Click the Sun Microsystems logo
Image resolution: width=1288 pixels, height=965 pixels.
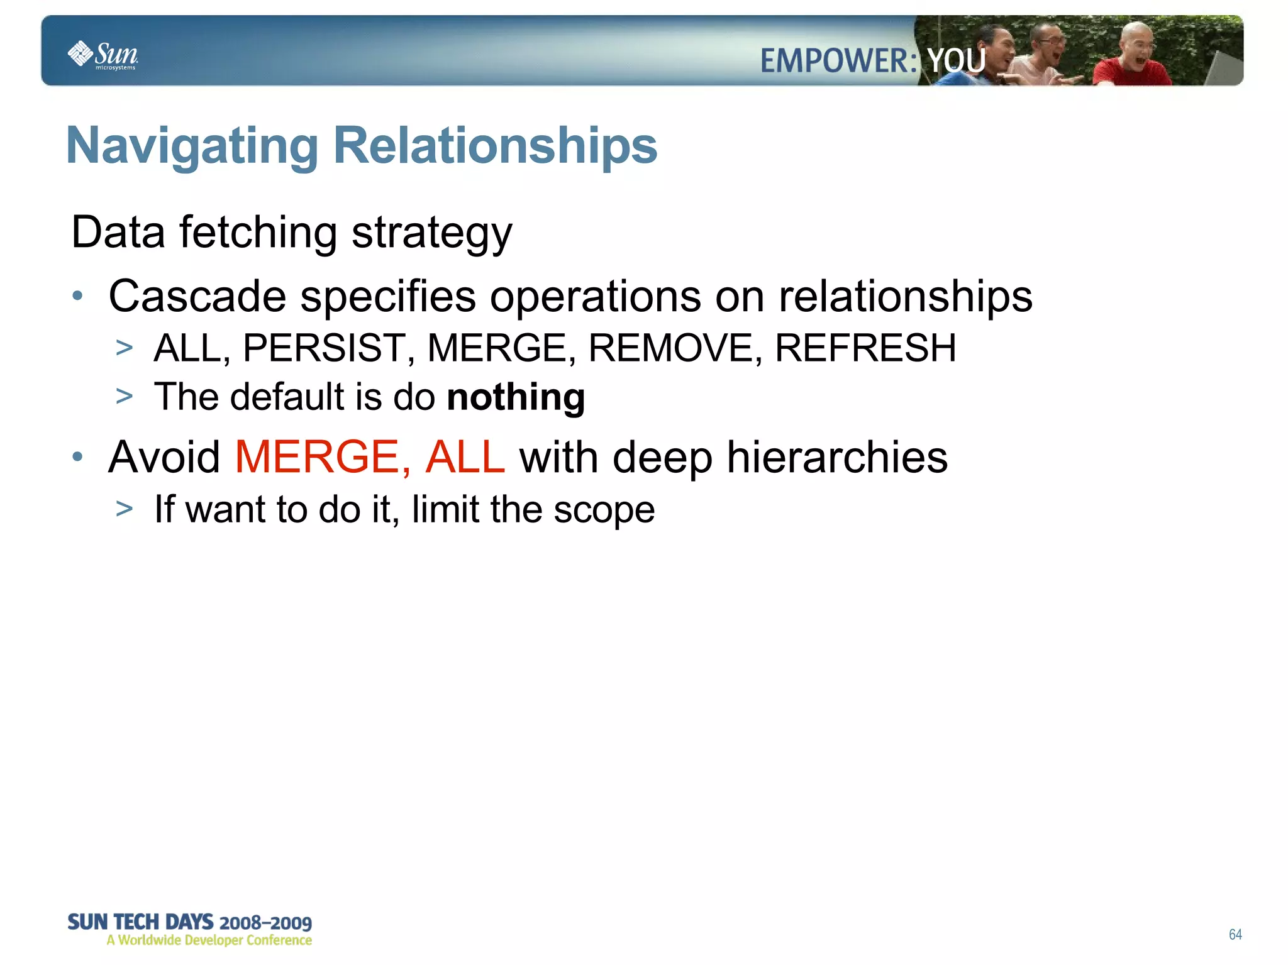[103, 55]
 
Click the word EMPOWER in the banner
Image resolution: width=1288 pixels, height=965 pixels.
[837, 61]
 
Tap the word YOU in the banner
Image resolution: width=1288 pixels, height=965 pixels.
[956, 61]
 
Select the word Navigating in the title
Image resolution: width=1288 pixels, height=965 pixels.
[192, 146]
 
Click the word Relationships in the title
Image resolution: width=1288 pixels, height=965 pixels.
[495, 145]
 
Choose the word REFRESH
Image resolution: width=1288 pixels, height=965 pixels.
[865, 348]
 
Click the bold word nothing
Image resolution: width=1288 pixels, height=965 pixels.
[516, 397]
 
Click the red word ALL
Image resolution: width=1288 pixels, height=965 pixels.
[465, 457]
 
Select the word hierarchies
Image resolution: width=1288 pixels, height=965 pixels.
[837, 457]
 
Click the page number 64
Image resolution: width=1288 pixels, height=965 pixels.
[1235, 934]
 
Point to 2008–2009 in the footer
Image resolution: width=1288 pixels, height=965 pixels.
[265, 923]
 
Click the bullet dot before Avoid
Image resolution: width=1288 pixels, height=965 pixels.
[77, 457]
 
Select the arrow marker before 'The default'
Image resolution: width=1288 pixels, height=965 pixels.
[125, 397]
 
